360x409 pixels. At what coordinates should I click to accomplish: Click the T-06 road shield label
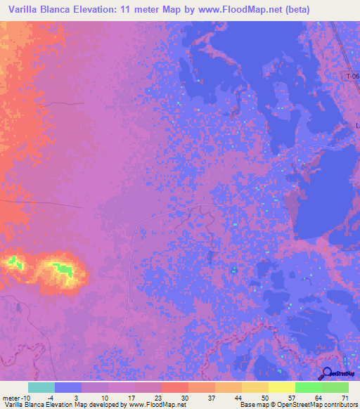pos(352,75)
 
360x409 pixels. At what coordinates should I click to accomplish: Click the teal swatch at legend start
pos(41,387)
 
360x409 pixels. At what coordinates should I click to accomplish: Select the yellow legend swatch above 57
pos(281,387)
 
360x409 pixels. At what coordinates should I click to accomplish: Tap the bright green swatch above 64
pos(308,387)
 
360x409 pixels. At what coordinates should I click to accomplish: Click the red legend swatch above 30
pos(174,387)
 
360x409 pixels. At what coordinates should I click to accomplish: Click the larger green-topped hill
pos(61,270)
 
